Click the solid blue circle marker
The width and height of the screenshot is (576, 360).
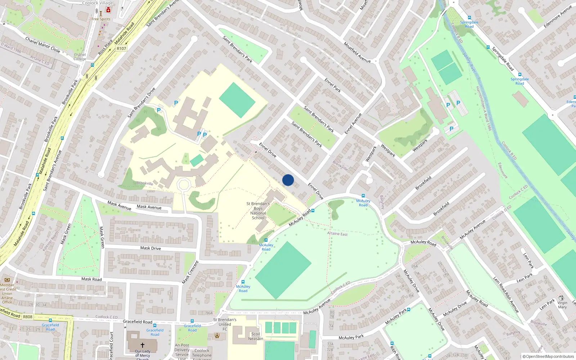pos(288,180)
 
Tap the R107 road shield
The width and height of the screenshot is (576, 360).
pos(121,49)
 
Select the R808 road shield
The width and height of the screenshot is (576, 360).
pos(28,317)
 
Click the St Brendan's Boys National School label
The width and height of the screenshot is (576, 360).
pos(258,211)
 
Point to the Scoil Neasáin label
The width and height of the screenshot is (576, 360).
pos(255,336)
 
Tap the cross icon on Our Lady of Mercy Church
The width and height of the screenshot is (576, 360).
pos(142,345)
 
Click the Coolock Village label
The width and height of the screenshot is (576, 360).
pos(97,3)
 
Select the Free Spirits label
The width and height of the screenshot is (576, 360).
pos(101,19)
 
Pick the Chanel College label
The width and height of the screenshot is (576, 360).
pos(80,57)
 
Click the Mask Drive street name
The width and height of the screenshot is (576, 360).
pos(150,248)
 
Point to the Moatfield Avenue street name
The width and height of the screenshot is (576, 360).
pos(357,53)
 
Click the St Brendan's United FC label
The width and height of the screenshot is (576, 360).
pos(225,324)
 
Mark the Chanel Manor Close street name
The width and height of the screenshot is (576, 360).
pos(42,45)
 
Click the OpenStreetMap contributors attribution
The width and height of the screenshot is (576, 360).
pos(548,356)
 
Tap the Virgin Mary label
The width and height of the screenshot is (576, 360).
pos(562,305)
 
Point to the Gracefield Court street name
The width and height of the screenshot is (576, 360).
pos(111,346)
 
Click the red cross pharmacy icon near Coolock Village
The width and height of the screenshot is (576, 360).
pos(108,10)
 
